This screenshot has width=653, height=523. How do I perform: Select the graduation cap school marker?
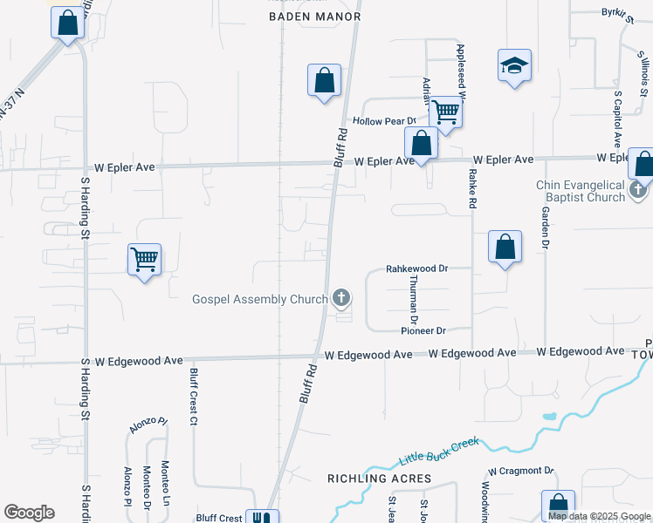pos(514,65)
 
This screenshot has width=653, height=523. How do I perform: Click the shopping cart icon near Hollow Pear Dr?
pos(445,112)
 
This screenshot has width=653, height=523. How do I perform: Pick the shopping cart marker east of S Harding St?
pos(144,259)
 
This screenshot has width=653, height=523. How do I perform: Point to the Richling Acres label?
pos(379,479)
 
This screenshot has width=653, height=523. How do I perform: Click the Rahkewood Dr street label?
pos(416,269)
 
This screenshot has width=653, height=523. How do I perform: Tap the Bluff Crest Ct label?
pos(194,396)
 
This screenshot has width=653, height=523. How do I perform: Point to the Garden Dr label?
pos(545,228)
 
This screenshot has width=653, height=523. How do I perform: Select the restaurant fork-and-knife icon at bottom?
pos(261,518)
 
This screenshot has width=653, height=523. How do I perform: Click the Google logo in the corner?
pos(29,513)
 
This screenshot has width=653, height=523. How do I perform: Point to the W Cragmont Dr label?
pos(521,471)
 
